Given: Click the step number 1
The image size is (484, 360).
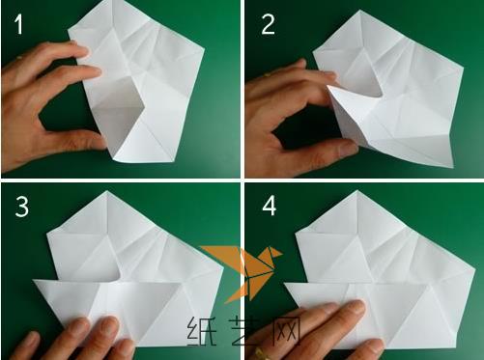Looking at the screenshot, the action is [x=19, y=24].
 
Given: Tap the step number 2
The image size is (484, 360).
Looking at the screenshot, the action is [x=268, y=24].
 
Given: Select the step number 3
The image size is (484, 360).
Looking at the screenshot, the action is [x=22, y=207].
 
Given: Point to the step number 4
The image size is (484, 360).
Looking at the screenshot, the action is [x=270, y=207].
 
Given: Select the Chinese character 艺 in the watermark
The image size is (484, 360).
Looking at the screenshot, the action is [x=245, y=330].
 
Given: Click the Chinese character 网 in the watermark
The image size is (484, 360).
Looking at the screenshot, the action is [x=287, y=330].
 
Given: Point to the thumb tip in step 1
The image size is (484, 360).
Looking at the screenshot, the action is [x=99, y=141].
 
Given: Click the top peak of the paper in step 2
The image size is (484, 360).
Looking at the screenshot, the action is [x=359, y=11].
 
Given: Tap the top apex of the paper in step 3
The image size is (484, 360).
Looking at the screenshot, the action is [x=107, y=191].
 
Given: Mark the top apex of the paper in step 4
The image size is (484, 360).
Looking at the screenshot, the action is [x=356, y=190].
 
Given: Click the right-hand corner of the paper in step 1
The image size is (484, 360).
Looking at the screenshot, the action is [x=204, y=49].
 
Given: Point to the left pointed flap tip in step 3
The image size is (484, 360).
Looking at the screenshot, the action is [x=34, y=281].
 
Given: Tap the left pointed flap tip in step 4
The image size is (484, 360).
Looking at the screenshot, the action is [x=285, y=284].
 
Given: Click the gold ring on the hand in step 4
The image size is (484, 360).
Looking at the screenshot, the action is [x=262, y=353].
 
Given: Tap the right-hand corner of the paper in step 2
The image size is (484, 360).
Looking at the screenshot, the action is [x=463, y=69].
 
